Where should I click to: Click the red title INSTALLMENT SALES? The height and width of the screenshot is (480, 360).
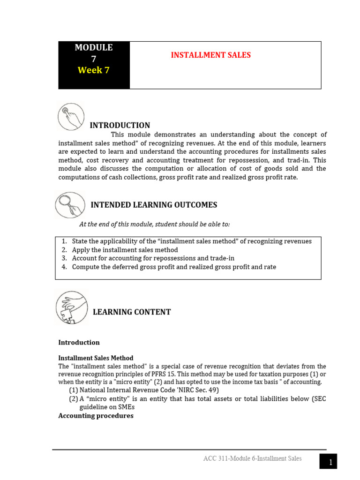point(210,55)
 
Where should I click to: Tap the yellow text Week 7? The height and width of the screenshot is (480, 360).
point(93,70)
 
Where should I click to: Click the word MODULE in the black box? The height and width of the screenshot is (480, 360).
point(94,47)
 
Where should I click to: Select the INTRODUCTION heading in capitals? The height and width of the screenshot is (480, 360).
point(120,125)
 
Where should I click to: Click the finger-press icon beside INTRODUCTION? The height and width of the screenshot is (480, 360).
point(71,117)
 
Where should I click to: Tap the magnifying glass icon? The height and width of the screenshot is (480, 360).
point(70,205)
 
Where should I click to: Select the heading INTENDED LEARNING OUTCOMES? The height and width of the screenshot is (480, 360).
point(154,205)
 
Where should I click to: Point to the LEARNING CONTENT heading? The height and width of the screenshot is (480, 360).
point(132,312)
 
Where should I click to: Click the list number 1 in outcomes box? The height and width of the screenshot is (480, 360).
point(64,241)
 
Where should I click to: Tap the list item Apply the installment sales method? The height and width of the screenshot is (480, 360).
point(125,250)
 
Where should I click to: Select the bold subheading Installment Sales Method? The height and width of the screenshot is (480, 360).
point(96,358)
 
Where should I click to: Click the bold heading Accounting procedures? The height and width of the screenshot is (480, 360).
point(96,416)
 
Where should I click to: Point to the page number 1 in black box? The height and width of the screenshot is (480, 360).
point(330,463)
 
